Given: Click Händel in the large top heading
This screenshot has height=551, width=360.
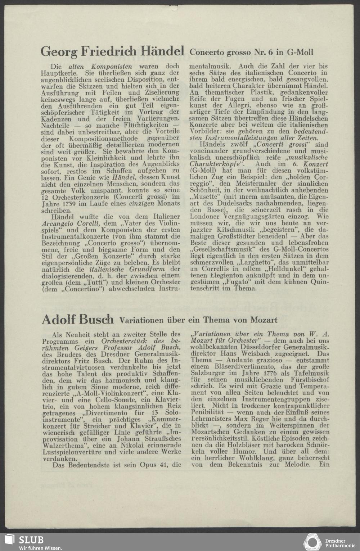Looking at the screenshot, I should (x=162, y=51).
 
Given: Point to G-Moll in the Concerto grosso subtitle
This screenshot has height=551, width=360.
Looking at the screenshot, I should (x=300, y=53).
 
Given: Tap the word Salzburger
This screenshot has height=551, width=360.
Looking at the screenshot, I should (x=208, y=373).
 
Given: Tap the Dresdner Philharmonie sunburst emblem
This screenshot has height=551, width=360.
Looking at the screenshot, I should (x=312, y=542).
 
